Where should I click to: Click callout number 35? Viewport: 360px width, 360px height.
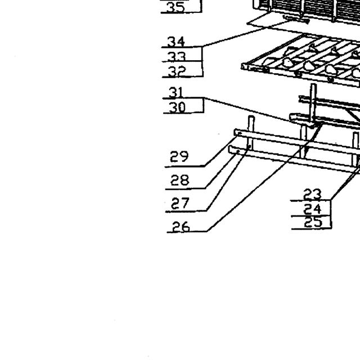click(x=175, y=7)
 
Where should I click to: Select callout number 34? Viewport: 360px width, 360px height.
click(x=176, y=42)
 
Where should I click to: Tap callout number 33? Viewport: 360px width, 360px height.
click(x=176, y=56)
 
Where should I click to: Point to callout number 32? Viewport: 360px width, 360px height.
click(x=177, y=71)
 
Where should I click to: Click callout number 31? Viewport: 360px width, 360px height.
click(x=176, y=92)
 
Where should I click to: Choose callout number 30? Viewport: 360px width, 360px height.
click(x=177, y=107)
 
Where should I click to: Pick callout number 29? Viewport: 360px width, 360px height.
click(x=179, y=156)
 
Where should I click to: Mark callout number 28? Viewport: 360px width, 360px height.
click(x=180, y=180)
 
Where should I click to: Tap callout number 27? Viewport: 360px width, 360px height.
click(x=180, y=203)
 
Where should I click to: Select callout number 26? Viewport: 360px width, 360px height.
click(x=181, y=226)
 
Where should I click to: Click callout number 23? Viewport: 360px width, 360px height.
click(x=312, y=195)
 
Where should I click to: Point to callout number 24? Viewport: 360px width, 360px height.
click(x=312, y=209)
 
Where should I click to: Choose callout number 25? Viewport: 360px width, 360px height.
click(x=313, y=222)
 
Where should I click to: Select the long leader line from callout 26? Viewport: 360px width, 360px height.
click(x=264, y=177)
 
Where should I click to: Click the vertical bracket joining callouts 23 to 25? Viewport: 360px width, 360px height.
click(x=331, y=214)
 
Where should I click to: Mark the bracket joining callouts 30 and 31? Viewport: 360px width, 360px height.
click(x=204, y=105)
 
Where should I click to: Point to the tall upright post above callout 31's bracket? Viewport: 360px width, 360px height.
click(x=313, y=103)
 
